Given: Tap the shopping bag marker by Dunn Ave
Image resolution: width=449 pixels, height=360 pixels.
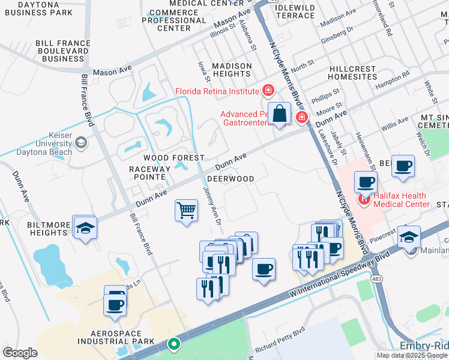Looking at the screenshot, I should [280, 113].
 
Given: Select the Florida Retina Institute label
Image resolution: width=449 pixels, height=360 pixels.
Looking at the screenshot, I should [217, 92].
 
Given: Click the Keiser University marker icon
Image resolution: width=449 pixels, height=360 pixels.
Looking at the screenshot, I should [80, 143].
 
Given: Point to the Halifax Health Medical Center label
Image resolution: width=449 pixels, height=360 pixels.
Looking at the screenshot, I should [400, 200].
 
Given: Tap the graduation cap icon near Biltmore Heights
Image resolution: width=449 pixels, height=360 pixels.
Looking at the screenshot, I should [85, 228].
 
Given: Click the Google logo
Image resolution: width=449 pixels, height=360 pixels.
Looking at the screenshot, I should [20, 352].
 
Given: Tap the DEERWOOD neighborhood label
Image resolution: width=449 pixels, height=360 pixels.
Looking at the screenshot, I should [231, 179].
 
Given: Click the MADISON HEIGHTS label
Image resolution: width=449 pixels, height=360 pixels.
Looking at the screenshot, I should [224, 70].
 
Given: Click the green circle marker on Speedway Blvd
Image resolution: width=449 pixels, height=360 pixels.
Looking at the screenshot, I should [173, 344].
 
